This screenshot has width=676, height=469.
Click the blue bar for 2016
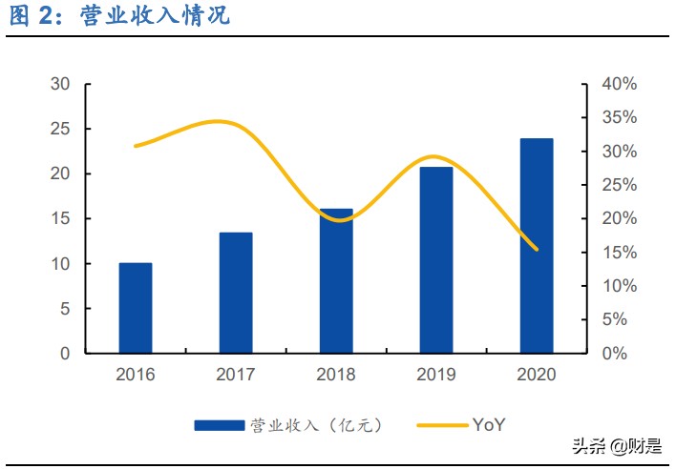click(135, 308)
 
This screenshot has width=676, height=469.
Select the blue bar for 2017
click(236, 293)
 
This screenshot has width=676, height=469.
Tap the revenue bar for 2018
click(336, 280)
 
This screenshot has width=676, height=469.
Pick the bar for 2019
click(436, 260)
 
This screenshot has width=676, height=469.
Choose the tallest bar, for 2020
click(537, 246)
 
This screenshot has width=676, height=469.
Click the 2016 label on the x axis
click(135, 375)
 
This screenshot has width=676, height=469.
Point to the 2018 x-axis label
click(336, 375)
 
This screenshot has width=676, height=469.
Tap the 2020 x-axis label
click(537, 375)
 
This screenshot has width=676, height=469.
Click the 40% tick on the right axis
click(619, 84)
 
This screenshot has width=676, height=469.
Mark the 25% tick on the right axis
click(619, 185)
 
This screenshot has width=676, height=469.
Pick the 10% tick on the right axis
click(619, 286)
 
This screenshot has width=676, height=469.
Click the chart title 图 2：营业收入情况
click(119, 16)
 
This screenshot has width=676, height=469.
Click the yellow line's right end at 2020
click(537, 249)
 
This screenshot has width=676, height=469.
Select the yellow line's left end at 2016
click(136, 146)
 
